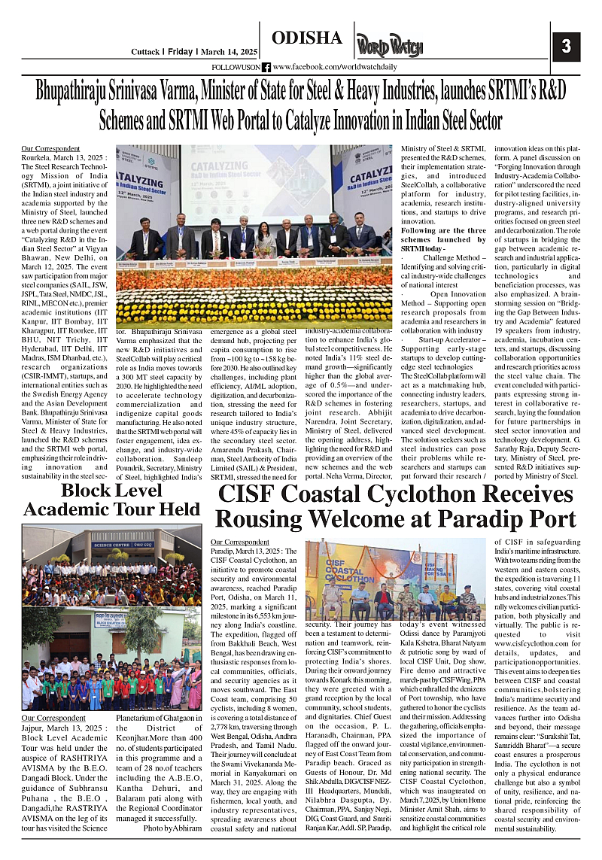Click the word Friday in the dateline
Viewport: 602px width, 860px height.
pos(181,51)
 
